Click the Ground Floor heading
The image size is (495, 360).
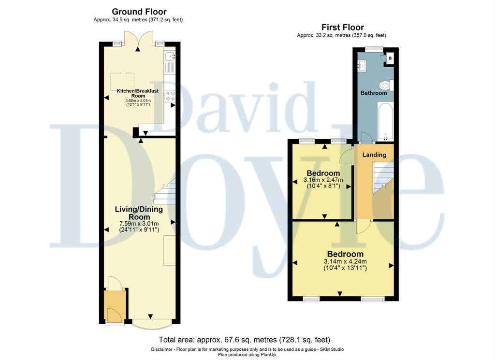point(139,12)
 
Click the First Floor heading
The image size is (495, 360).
point(343,28)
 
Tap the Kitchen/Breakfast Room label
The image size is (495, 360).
point(138,93)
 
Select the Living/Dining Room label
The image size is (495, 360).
point(139,213)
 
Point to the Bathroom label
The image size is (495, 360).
point(374,93)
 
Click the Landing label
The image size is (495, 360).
point(374,155)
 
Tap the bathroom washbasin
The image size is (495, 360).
point(362,65)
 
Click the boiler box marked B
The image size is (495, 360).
point(390,58)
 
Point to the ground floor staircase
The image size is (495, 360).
point(165,191)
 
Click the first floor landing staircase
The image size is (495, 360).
point(383,178)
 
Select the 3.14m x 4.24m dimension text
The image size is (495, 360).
point(345,261)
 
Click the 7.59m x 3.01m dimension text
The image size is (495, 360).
point(139,224)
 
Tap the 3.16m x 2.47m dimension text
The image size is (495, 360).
point(323,180)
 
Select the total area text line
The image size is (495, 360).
point(244,340)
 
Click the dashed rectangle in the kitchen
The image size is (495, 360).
point(122,81)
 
